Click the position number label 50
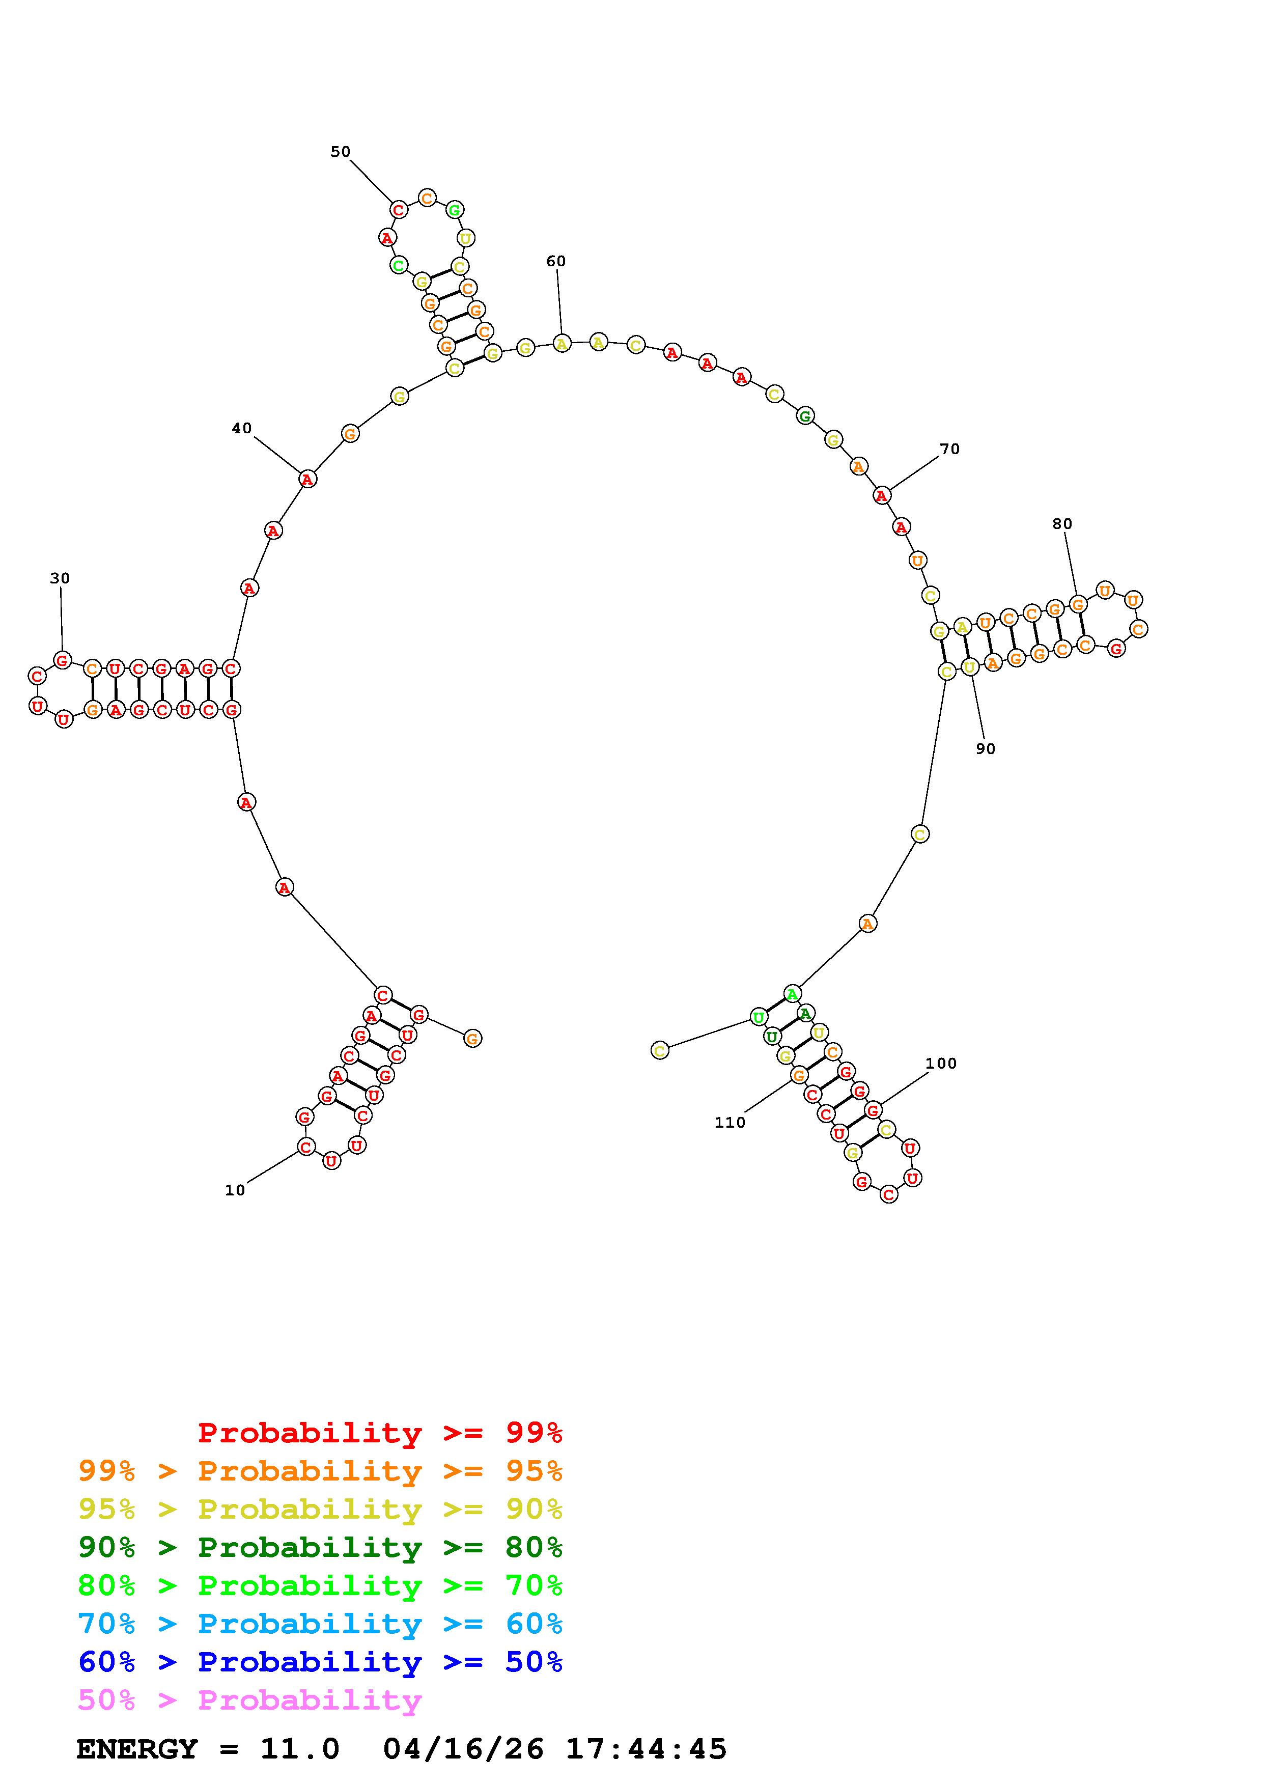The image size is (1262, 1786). click(341, 152)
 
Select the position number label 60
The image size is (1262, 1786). click(556, 261)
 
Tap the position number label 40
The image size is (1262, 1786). click(242, 428)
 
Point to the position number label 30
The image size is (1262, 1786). click(60, 578)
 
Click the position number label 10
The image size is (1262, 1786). click(235, 1190)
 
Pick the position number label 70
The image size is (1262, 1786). click(949, 449)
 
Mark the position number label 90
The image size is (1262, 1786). click(985, 748)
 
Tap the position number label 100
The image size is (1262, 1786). click(941, 1064)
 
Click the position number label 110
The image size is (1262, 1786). click(730, 1123)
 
